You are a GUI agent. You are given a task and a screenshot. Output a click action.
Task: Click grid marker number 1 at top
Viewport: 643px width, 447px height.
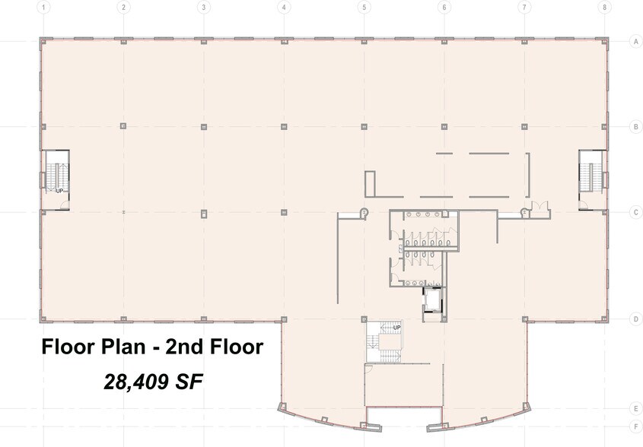pyautogui.click(x=45, y=7)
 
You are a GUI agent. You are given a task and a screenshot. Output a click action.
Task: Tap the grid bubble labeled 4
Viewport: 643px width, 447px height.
pyautogui.click(x=284, y=7)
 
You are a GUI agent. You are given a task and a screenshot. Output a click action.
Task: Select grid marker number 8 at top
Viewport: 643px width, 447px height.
pyautogui.click(x=604, y=7)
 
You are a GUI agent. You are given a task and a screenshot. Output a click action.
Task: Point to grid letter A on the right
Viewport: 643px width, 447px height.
pyautogui.click(x=635, y=42)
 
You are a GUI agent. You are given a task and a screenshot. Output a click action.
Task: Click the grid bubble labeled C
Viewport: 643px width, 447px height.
pyautogui.click(x=635, y=213)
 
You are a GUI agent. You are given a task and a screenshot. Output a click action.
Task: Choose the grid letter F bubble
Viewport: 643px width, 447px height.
pyautogui.click(x=635, y=426)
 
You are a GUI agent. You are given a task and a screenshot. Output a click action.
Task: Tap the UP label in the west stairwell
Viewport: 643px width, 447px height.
pyautogui.click(x=59, y=191)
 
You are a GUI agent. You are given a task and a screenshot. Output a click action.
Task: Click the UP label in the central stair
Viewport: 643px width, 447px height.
pyautogui.click(x=396, y=328)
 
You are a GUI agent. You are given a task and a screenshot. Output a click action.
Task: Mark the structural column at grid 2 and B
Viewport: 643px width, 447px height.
pyautogui.click(x=123, y=126)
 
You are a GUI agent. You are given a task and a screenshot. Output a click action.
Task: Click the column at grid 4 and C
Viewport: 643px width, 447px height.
pyautogui.click(x=283, y=213)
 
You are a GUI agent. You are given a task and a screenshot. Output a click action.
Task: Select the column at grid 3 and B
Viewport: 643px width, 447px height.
pyautogui.click(x=202, y=126)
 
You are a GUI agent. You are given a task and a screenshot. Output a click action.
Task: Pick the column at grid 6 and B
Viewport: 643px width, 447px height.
pyautogui.click(x=444, y=126)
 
